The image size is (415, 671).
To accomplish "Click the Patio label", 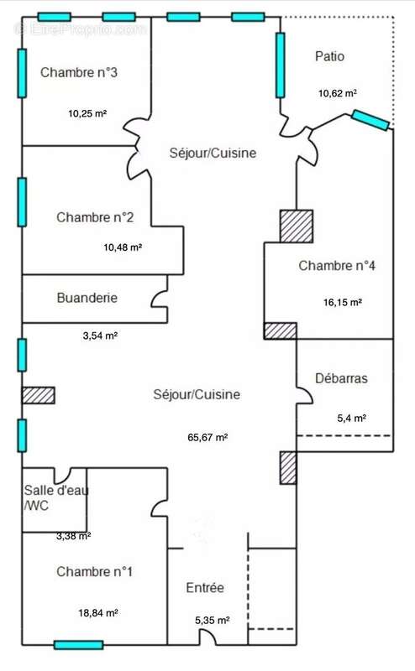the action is point(329,56).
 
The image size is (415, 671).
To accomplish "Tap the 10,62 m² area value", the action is point(338,93).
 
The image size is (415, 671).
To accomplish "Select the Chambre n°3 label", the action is point(79,72).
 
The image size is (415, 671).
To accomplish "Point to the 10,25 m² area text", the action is point(87,114).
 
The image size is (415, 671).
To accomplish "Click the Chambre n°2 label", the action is point(95,217).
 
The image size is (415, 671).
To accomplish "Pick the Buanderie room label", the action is point(87,298).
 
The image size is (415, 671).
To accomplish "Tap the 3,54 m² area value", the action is point(100,335).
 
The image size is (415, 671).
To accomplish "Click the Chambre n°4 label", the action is point(337,265).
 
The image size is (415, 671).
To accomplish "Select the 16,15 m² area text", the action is point(343,303).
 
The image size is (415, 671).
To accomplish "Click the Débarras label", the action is point(341,378).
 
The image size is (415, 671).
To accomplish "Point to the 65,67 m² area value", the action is point(207,437).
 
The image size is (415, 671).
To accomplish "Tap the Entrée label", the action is point(205,588).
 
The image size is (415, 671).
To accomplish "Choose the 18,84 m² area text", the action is point(98,613).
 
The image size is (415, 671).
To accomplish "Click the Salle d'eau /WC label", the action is point(55,497).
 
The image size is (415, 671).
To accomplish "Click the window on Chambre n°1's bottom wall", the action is point(79,645).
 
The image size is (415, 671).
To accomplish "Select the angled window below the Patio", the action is point(370,120).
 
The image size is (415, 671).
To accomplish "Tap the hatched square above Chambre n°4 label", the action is point(297,226).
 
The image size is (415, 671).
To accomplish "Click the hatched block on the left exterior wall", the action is point(38,395).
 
